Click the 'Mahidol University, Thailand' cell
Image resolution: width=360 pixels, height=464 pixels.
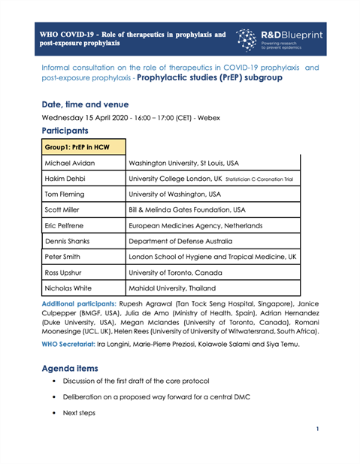click(183, 306)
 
